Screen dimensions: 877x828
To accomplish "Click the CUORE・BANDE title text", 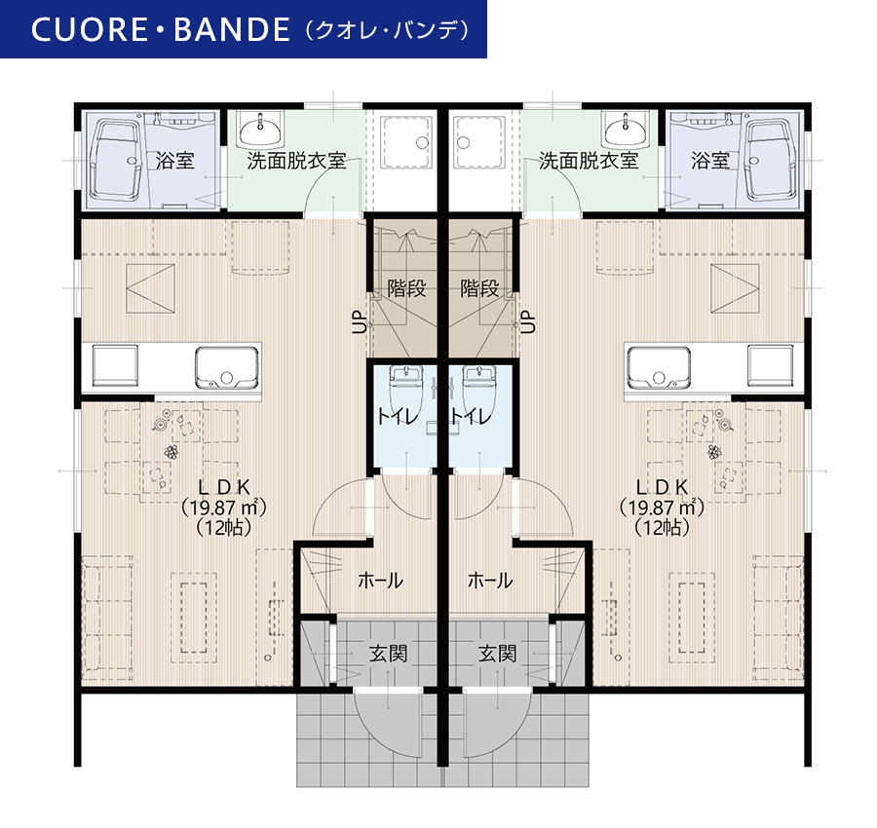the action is tap(161, 29).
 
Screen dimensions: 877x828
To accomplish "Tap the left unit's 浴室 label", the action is tap(175, 161).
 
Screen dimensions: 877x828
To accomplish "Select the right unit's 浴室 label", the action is tap(710, 161).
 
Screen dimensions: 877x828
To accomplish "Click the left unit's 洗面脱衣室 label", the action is tap(296, 161).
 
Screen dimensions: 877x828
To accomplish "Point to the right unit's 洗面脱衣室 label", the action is tap(589, 161).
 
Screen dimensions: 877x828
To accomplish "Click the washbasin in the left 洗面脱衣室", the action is tap(260, 131).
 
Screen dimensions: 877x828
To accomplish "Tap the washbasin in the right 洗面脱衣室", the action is tap(626, 131).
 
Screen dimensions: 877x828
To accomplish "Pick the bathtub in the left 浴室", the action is tap(116, 160).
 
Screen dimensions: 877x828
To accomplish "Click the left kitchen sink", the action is tap(227, 367).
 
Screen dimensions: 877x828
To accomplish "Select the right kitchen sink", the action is tap(659, 367).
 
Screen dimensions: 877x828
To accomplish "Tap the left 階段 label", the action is tap(406, 288).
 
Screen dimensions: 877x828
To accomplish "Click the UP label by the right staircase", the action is tap(528, 321).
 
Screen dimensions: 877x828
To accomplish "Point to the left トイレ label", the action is tap(398, 417).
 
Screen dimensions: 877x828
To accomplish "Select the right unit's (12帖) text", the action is tap(662, 527).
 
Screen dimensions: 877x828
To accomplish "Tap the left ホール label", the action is tap(380, 581).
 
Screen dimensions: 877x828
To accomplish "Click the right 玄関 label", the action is tap(497, 653).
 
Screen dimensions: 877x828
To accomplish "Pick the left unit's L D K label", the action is tap(224, 487).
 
